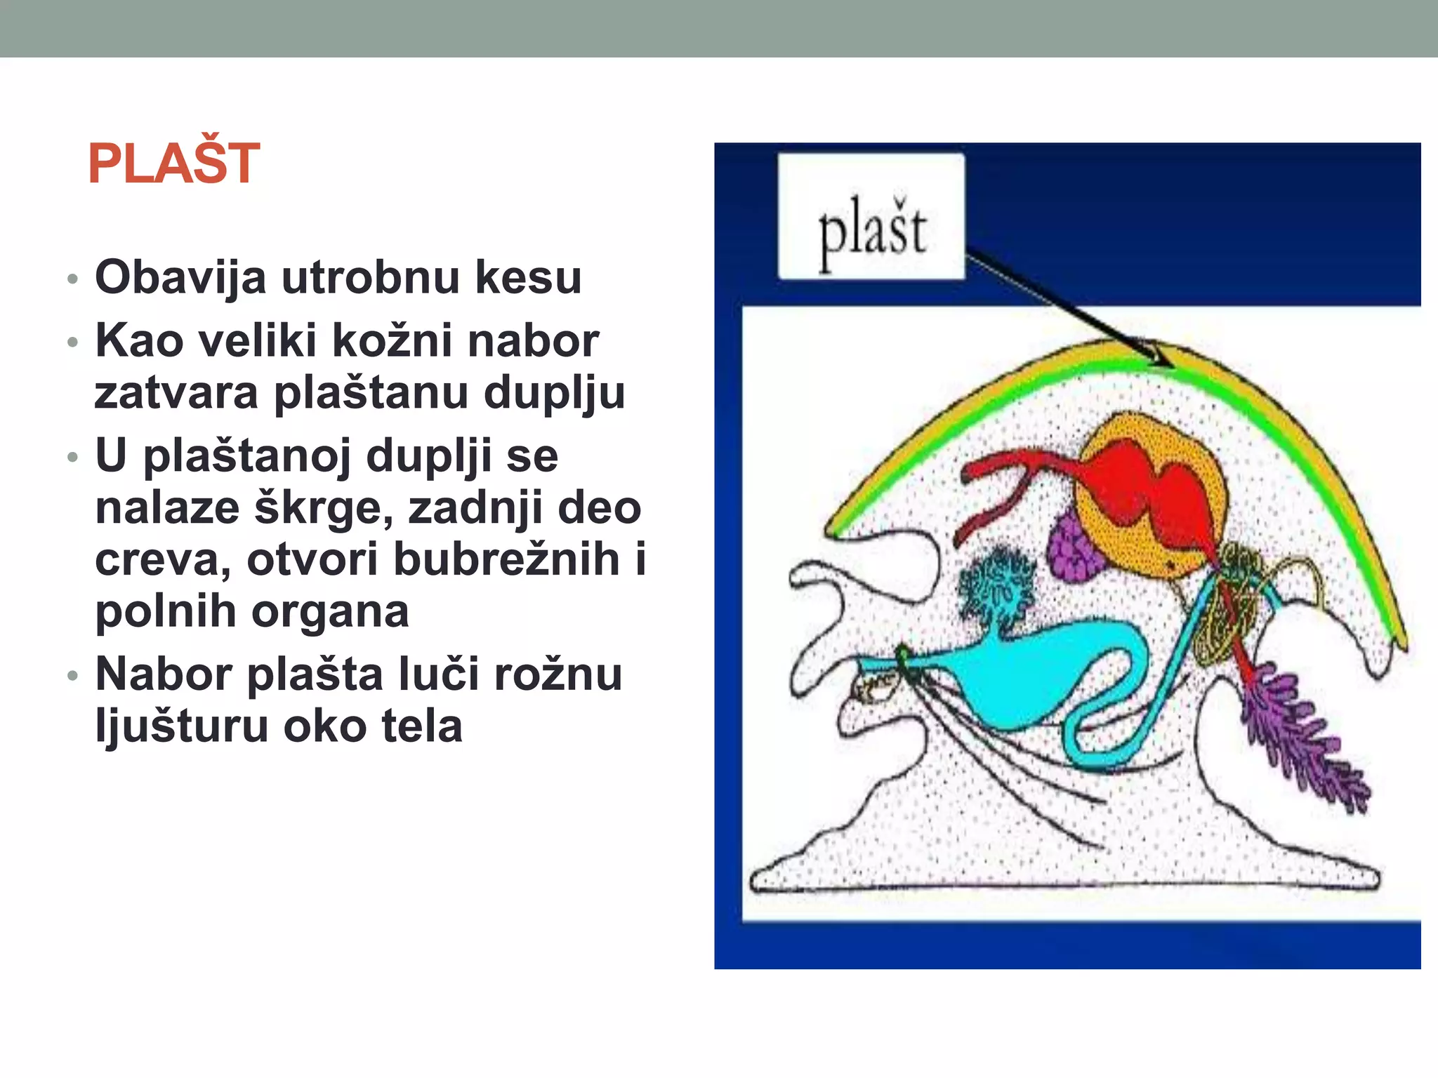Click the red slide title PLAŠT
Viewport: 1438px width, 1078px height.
click(x=174, y=164)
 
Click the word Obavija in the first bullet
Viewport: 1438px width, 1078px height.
click(x=180, y=277)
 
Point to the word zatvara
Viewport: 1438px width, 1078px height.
click(x=176, y=392)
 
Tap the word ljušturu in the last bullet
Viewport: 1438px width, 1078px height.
click(x=181, y=726)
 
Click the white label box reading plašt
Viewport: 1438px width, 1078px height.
click(x=871, y=217)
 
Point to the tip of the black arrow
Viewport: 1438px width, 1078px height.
click(x=1170, y=365)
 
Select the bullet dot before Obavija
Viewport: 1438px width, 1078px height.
click(x=72, y=279)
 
